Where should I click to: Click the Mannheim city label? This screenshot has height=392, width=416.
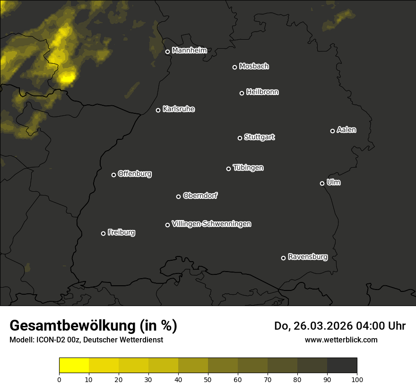coord(189,51)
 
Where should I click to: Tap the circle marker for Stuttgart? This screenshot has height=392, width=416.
coord(240,138)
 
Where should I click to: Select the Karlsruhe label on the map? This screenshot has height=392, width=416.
coord(178,109)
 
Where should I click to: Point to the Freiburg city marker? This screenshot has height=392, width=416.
coord(103,233)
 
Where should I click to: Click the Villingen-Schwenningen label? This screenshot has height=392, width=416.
coord(211,224)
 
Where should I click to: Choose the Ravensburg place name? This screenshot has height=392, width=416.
coord(307,257)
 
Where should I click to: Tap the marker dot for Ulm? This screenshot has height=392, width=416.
coord(322,183)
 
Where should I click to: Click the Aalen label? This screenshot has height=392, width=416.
coord(346,130)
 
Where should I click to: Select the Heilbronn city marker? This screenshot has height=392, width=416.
coord(242,93)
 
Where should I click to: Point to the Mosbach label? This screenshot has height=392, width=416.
coord(254,67)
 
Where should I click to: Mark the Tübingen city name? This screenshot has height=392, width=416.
coord(248,168)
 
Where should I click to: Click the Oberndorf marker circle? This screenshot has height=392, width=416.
coord(178,196)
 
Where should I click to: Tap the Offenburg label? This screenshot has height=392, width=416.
coord(135,174)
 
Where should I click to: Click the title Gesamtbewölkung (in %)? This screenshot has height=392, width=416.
coord(93,326)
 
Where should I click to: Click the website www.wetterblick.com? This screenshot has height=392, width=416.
coord(341,340)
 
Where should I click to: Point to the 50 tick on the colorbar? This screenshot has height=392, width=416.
coord(208,379)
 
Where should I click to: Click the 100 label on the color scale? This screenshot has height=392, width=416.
coord(356,379)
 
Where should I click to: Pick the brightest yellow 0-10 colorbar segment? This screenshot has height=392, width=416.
coord(74,365)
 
